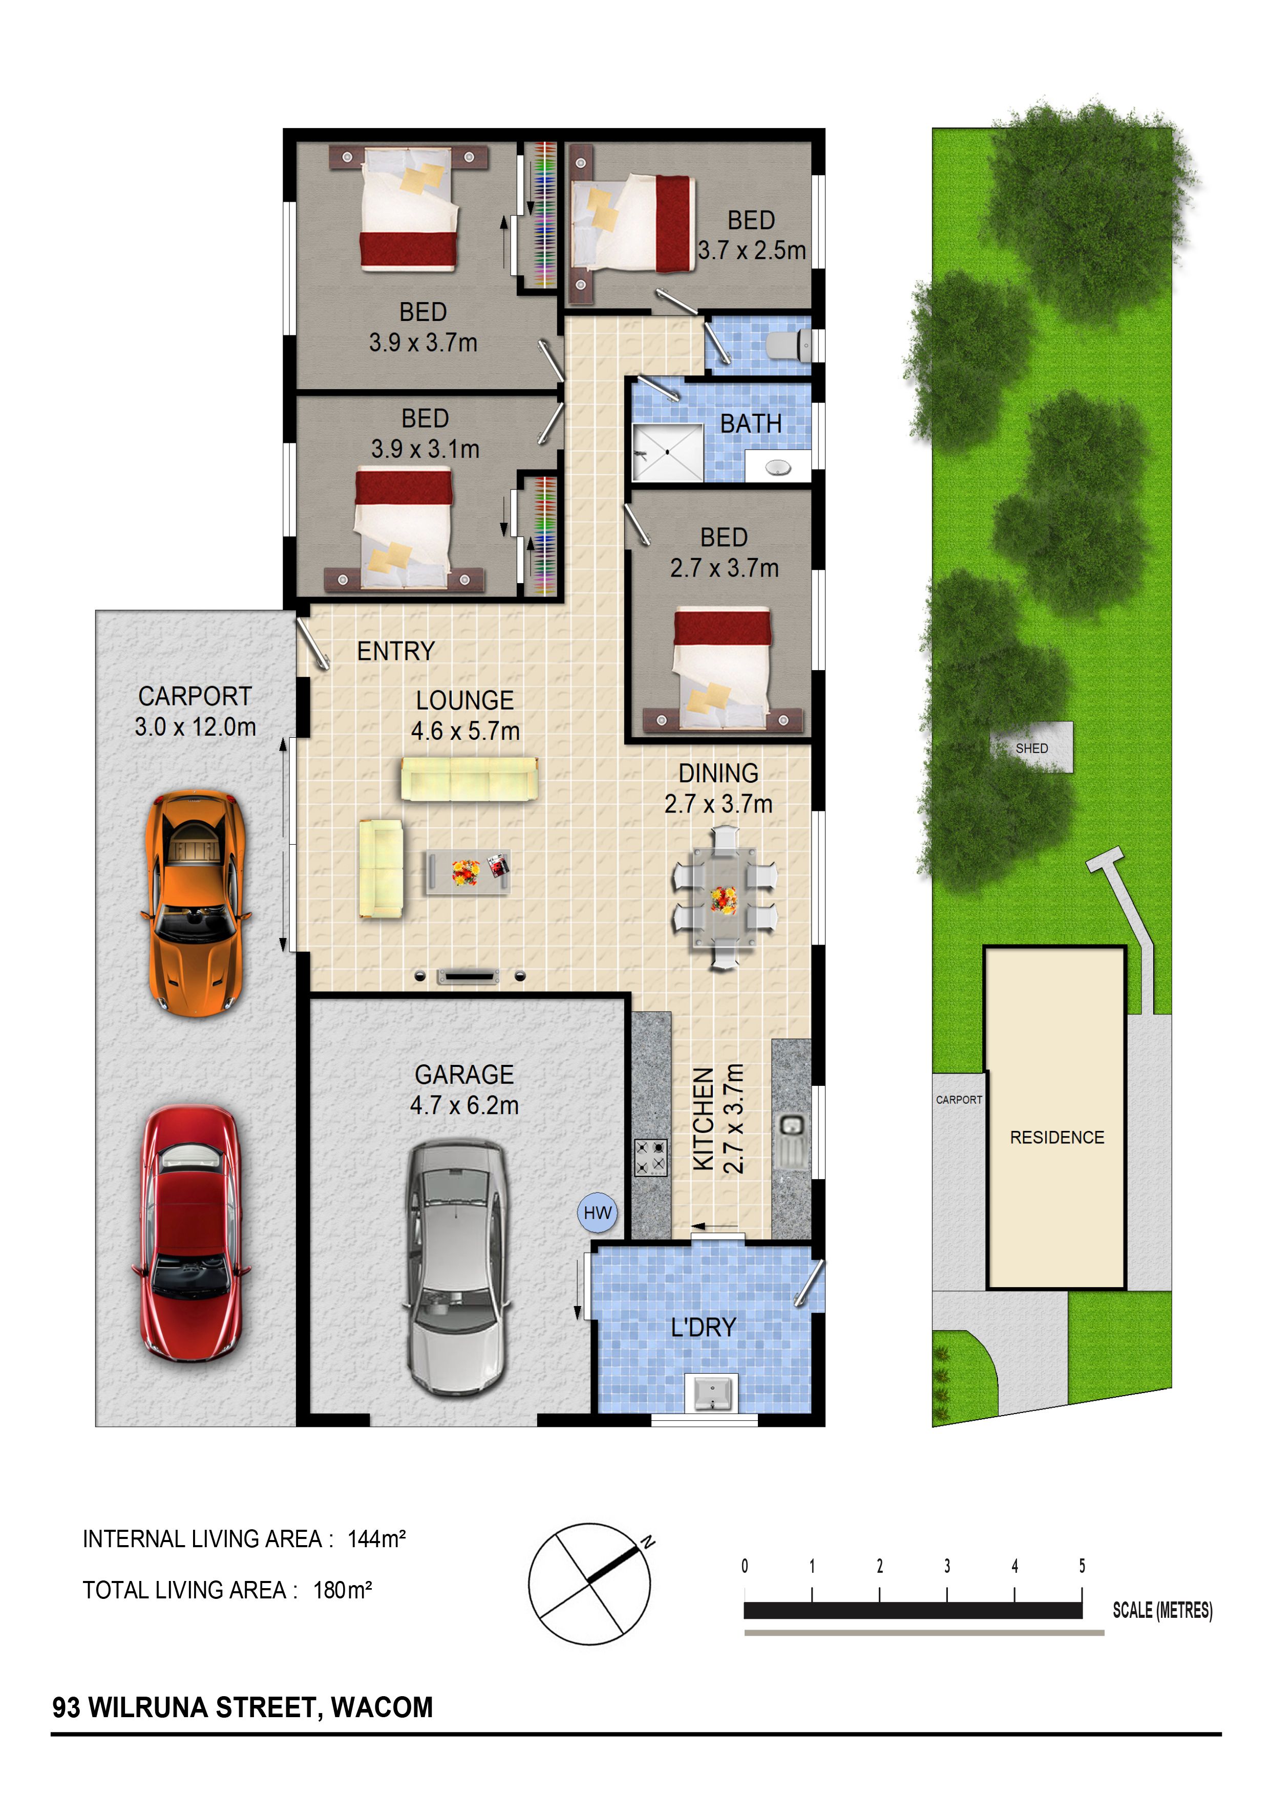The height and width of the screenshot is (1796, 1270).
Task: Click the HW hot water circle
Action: coord(597,1212)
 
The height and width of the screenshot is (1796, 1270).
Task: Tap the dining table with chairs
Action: coord(724,898)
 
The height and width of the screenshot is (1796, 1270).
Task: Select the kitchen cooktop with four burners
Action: coord(650,1158)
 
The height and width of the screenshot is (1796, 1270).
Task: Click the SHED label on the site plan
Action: coord(1031,749)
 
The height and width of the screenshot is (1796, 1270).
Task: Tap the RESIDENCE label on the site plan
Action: coord(1056,1138)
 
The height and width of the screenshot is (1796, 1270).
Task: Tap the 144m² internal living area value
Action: coord(376,1538)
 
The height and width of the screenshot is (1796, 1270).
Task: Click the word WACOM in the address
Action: coord(382,1707)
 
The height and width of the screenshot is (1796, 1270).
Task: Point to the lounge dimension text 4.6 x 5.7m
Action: coord(465,731)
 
